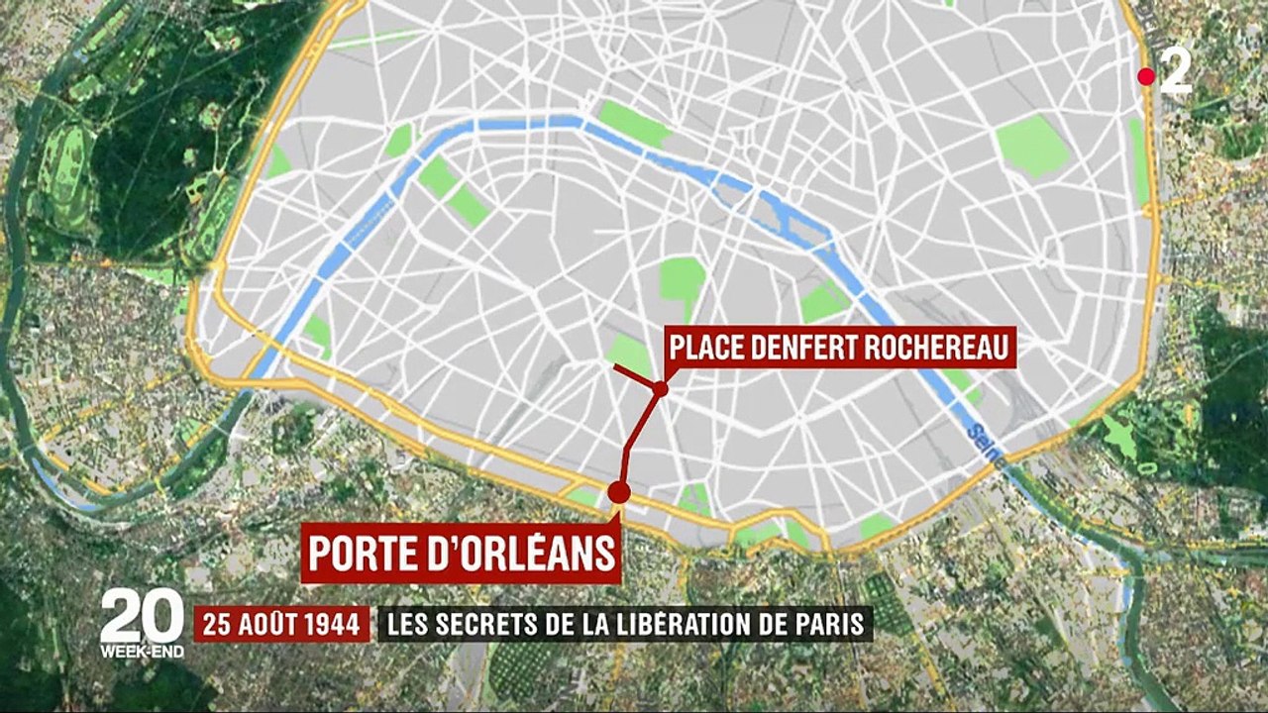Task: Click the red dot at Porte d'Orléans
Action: [x=619, y=492]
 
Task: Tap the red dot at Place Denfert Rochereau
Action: [x=660, y=389]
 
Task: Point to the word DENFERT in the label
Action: [x=792, y=348]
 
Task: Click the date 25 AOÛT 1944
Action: [x=281, y=625]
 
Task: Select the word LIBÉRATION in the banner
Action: [x=700, y=625]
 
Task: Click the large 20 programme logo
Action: [x=142, y=616]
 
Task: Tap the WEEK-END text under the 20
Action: [x=142, y=652]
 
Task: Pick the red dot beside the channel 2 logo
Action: [x=1146, y=76]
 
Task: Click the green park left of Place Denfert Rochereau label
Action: [x=629, y=354]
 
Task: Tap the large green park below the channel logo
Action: [x=1032, y=146]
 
